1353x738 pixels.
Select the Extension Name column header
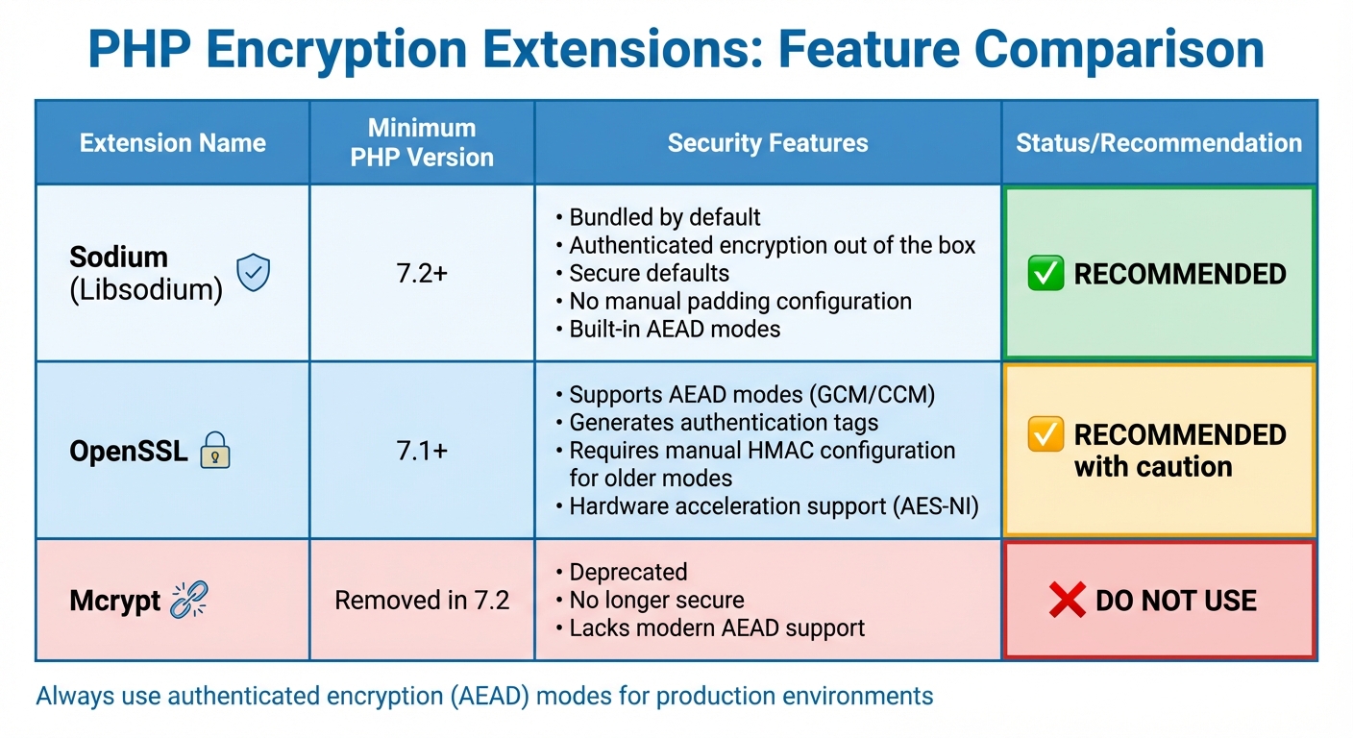[x=172, y=143]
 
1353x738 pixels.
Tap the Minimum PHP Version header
[x=422, y=142]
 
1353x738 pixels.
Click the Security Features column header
[x=767, y=143]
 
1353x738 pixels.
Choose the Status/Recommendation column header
[x=1158, y=143]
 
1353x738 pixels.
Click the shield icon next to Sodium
[x=254, y=273]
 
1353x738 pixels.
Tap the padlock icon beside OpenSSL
[x=214, y=451]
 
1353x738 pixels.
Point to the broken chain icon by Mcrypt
[x=188, y=601]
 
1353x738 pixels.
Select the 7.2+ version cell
[x=422, y=273]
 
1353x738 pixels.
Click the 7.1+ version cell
[x=422, y=451]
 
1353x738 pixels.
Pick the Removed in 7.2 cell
[x=422, y=601]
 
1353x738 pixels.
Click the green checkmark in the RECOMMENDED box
[x=1045, y=274]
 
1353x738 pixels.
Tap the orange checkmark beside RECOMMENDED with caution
[x=1045, y=434]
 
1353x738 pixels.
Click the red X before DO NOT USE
[x=1068, y=601]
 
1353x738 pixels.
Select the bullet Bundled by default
[x=665, y=217]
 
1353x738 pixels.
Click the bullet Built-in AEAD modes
[x=675, y=329]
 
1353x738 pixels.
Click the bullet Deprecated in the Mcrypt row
[x=628, y=572]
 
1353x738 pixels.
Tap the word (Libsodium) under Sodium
[x=146, y=288]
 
